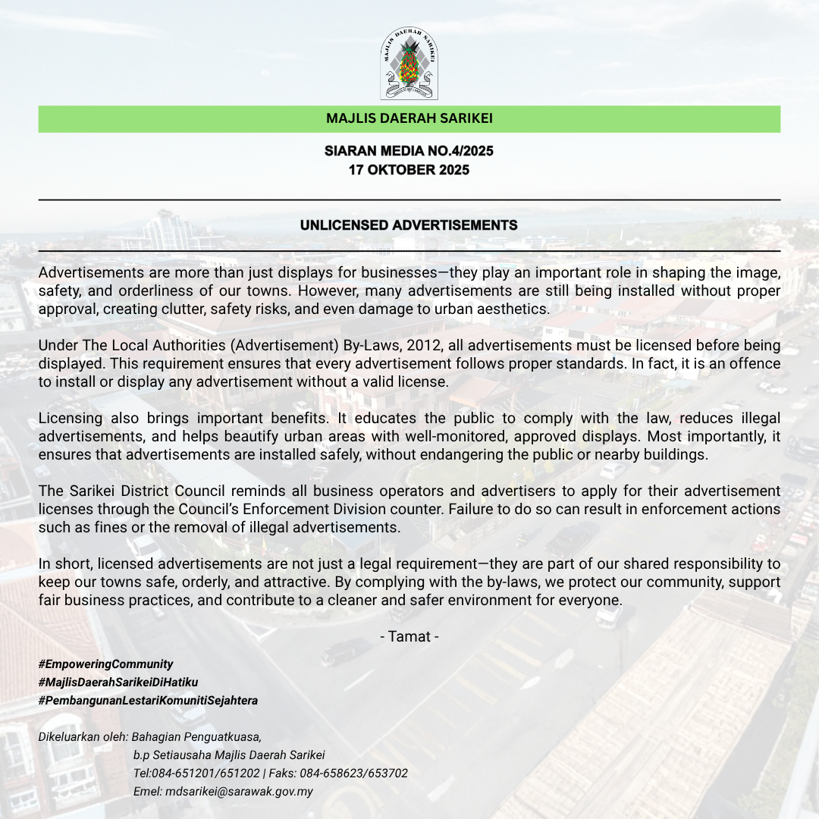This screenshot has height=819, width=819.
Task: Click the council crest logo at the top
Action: (409, 64)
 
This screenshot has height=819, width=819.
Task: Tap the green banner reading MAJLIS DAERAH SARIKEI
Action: (409, 119)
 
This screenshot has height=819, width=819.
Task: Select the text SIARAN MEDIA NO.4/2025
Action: (409, 151)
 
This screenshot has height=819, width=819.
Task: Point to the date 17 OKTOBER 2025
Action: (409, 170)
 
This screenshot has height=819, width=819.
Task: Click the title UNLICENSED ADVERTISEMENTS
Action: (409, 225)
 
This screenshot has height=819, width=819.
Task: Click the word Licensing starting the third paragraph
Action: (70, 419)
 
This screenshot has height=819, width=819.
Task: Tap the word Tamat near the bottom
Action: (409, 636)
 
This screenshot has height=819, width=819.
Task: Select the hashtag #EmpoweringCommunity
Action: (105, 664)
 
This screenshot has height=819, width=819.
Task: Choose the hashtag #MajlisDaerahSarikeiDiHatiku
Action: (118, 682)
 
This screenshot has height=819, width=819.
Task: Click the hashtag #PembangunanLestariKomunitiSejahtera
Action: (148, 700)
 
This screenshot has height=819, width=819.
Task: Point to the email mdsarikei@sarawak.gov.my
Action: (239, 791)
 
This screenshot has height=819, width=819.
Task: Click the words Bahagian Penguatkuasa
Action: (196, 736)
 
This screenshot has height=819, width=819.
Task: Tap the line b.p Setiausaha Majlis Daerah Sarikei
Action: (229, 755)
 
